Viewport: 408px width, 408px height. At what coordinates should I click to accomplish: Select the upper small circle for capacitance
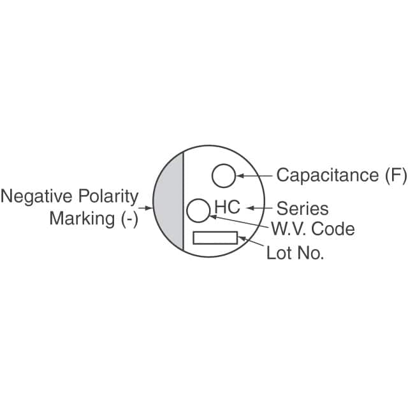point(224,175)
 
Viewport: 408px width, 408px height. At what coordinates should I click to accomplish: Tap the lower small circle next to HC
point(198,210)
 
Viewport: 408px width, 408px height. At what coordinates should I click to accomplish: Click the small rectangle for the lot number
point(215,238)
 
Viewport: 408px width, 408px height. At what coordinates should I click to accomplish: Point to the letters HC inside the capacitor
point(228,208)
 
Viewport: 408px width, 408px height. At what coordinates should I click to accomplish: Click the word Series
point(302,208)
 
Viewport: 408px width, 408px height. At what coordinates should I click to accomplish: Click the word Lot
point(279,253)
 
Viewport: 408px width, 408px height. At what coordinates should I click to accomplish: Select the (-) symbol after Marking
point(129,219)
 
